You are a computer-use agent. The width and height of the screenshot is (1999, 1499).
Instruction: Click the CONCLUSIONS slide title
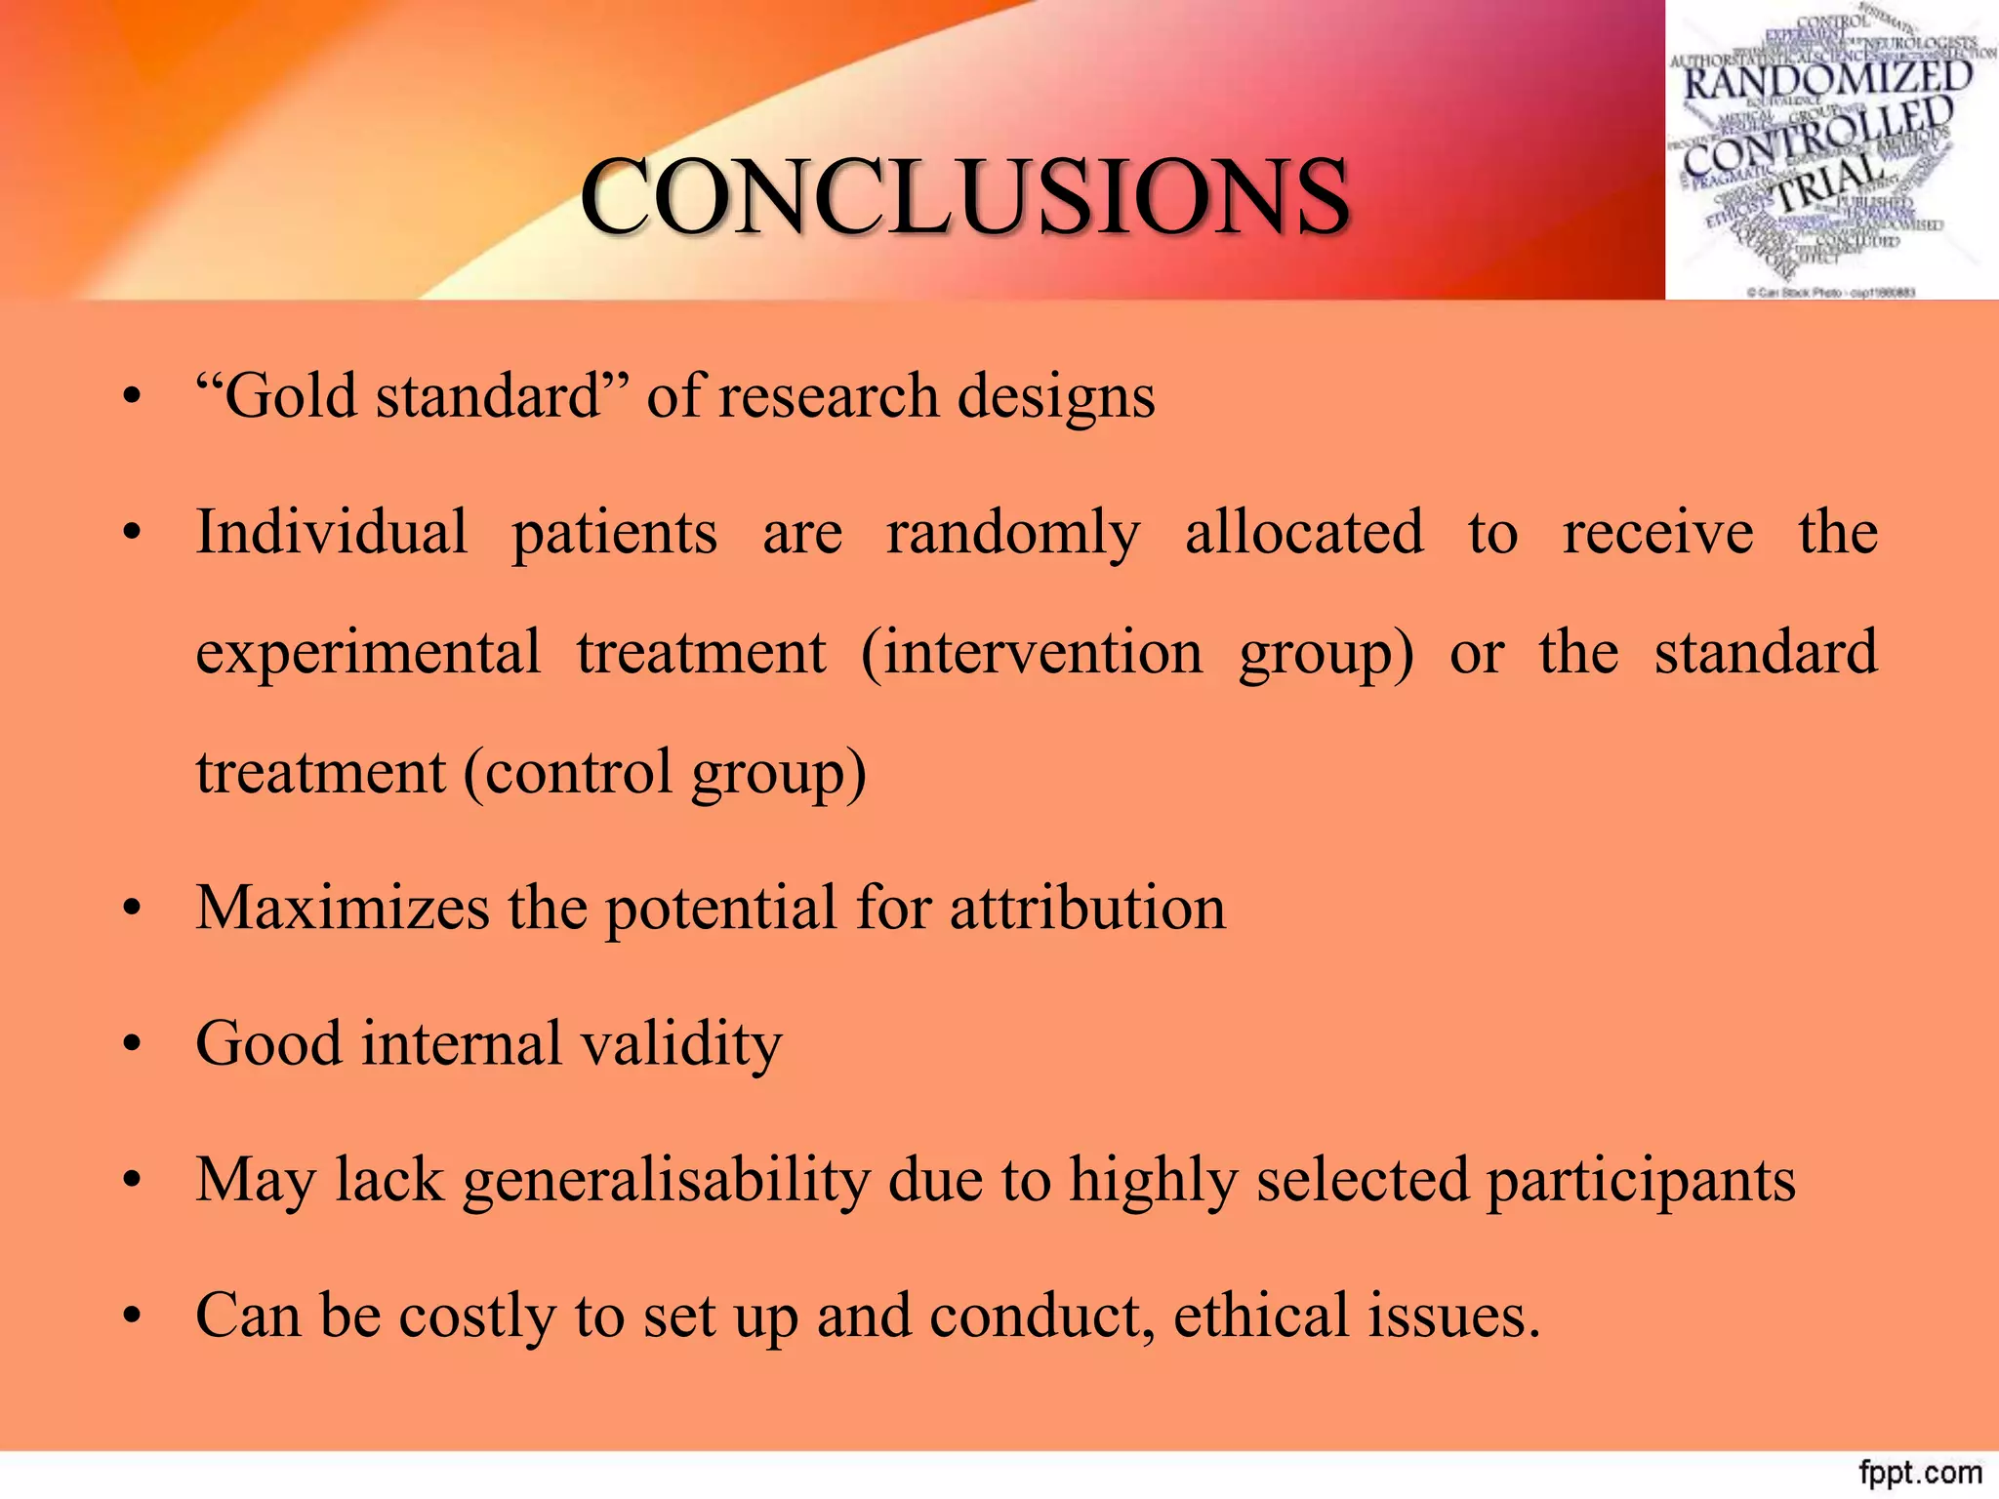click(964, 198)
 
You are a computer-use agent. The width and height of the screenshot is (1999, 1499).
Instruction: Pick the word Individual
click(332, 533)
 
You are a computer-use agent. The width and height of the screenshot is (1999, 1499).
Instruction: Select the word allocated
click(1304, 533)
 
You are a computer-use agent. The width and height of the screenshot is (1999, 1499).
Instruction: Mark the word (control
click(567, 773)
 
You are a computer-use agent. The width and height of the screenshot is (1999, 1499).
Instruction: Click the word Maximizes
click(343, 908)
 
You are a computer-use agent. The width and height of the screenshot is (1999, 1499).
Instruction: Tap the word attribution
click(1087, 908)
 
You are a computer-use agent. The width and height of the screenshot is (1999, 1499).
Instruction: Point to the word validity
click(681, 1044)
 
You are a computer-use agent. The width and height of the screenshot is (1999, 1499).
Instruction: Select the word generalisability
click(666, 1181)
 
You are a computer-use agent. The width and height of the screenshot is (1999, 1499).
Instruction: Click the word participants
click(1640, 1181)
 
